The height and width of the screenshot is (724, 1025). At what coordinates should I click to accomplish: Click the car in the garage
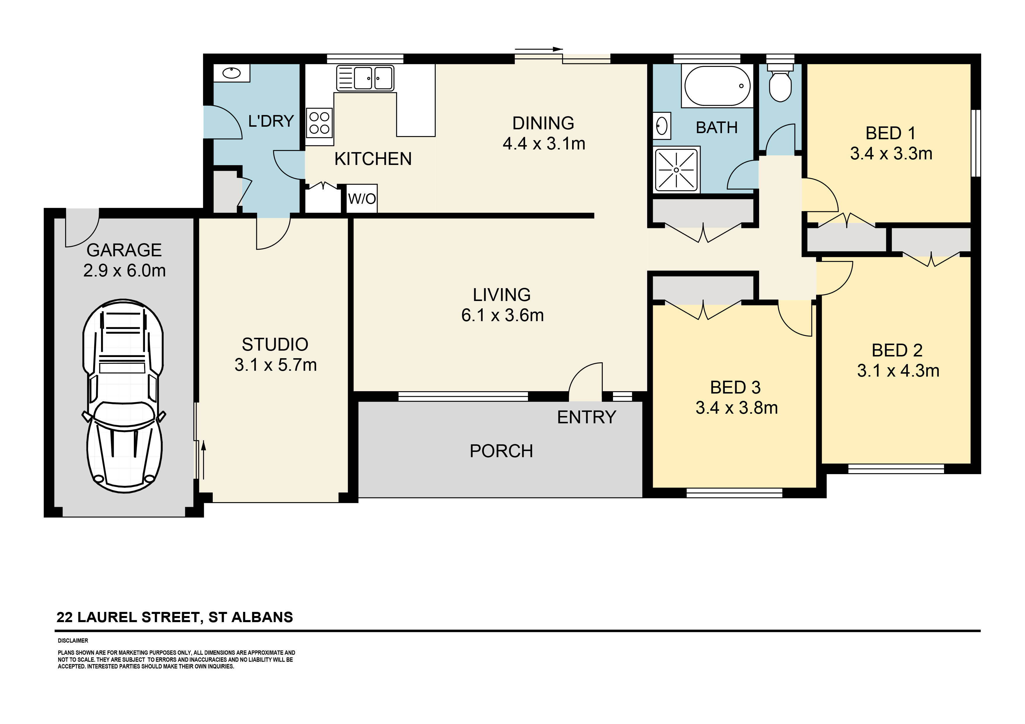(x=123, y=396)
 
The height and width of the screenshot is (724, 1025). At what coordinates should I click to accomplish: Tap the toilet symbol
(x=780, y=85)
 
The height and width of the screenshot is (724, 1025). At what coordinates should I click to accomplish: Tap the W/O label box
(x=362, y=199)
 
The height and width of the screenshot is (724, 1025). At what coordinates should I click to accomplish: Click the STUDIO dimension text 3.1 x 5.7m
(x=276, y=365)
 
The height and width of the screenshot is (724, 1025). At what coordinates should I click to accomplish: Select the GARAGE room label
(x=124, y=250)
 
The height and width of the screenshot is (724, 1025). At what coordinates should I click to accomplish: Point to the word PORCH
(x=501, y=451)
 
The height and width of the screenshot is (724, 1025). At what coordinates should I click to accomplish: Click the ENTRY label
(x=586, y=417)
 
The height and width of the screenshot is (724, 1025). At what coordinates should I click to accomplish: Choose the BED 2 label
(x=897, y=351)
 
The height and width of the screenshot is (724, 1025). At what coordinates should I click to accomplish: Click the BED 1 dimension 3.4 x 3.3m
(x=891, y=154)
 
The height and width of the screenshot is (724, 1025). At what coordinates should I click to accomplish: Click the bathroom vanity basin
(x=662, y=126)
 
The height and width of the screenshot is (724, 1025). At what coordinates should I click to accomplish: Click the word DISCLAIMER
(x=73, y=641)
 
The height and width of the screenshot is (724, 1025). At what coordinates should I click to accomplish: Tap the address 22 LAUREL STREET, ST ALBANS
(x=174, y=617)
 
